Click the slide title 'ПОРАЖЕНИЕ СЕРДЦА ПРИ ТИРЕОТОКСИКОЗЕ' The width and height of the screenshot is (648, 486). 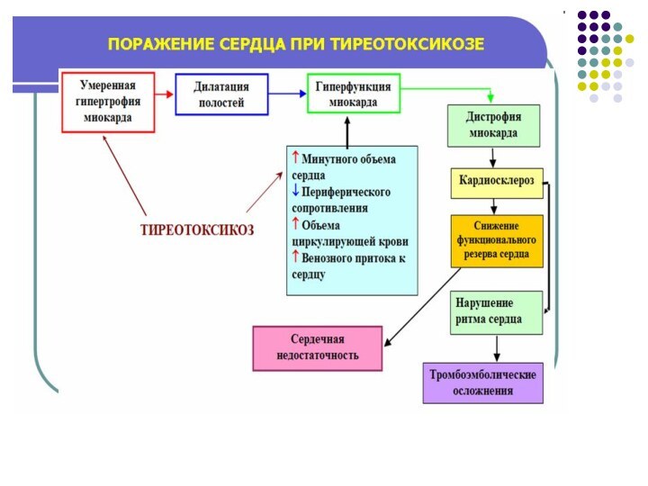pos(296,44)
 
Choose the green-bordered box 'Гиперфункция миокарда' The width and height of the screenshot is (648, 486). pos(353,93)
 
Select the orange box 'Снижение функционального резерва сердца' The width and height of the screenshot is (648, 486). pos(498,241)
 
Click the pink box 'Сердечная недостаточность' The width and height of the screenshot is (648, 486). pos(318,347)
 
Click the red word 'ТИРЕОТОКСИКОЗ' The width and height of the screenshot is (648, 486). pos(196,229)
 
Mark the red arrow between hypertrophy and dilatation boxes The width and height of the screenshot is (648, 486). pos(164,94)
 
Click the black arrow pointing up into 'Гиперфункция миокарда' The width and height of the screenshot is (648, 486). pos(352,129)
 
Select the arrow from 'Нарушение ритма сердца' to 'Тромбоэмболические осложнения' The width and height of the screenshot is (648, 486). pos(497,347)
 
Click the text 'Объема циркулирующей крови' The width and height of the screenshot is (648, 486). pos(349,232)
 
